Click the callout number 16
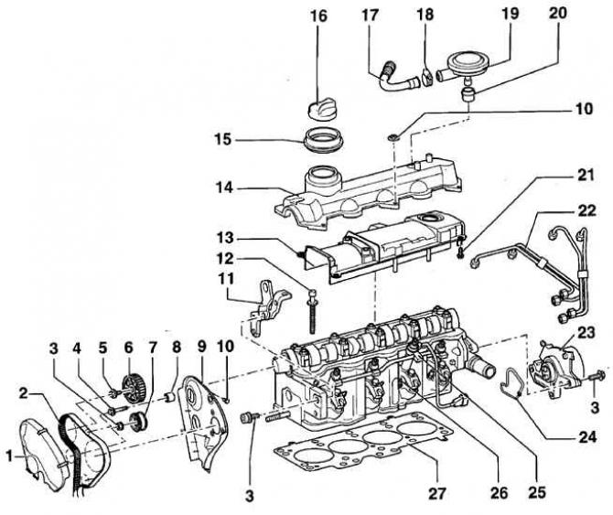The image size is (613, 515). pos(318,16)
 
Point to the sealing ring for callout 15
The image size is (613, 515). pos(321,140)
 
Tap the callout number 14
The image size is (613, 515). pos(224,188)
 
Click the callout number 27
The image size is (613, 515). pos(437,494)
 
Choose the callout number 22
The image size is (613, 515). pos(586,211)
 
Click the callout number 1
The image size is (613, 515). pos(9,456)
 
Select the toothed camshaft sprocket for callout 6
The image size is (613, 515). pos(134,387)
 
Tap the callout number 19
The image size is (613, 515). pos(511,15)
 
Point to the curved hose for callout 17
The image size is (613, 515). pos(397,78)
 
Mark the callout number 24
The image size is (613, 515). pos(586,437)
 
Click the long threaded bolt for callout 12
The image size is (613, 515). pos(312,311)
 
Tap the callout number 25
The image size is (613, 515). pos(537,493)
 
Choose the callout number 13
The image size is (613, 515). pos(224,238)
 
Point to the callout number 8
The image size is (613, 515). pos(177,347)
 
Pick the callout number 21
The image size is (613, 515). pos(586,176)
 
